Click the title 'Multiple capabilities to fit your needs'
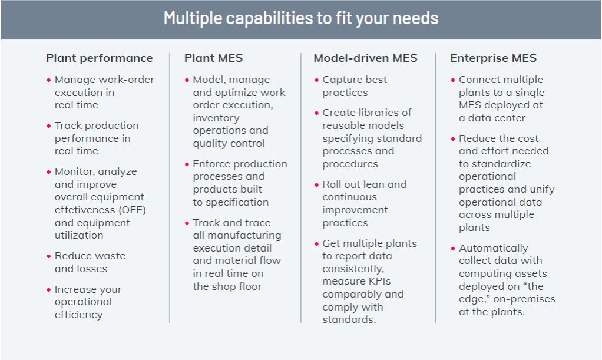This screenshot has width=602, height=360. click(301, 18)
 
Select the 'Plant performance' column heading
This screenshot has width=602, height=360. click(100, 58)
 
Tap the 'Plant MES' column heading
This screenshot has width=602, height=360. click(213, 58)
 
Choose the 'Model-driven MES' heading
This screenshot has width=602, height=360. click(365, 58)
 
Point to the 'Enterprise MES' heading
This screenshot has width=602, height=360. click(494, 58)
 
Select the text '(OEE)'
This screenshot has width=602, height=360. click(133, 210)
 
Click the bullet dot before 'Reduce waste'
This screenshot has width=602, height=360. click(49, 256)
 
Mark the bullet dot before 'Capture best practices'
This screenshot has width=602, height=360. click(317, 80)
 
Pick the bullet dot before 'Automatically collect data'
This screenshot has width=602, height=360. click(453, 249)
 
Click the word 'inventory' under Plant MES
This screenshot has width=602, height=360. click(216, 118)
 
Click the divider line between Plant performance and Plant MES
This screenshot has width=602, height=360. click(170, 188)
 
